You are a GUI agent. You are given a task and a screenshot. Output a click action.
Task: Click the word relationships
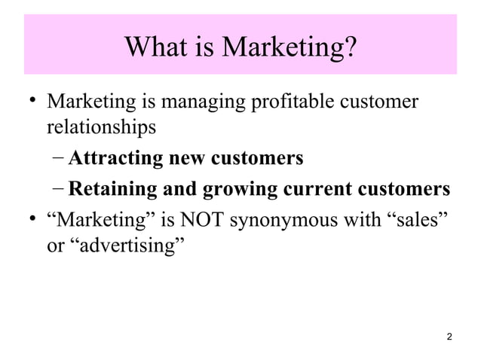(101, 127)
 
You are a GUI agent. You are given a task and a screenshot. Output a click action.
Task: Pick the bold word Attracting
(115, 159)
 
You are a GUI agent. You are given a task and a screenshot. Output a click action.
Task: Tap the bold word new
(188, 159)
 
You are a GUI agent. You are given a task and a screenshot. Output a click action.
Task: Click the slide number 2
(450, 336)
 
